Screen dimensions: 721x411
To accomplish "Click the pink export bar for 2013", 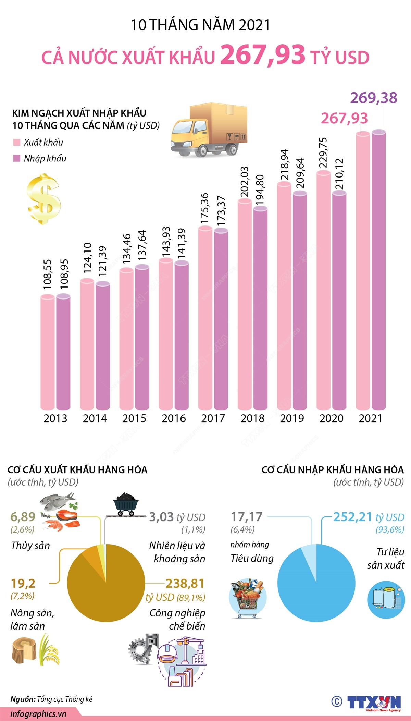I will pos(48,353).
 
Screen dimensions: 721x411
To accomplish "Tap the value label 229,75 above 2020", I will pos(323,153).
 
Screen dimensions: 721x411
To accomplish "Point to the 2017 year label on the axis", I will pos(213,418).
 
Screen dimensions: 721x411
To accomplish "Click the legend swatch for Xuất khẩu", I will pos(16,143).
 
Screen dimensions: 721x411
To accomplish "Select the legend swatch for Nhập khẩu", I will pos(16,158).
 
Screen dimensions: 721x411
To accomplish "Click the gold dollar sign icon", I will pos(44,199).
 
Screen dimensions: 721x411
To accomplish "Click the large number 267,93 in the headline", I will pos(263,55).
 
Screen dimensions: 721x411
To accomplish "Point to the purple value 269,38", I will pos(373,98).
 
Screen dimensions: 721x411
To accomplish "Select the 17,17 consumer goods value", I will pos(247,517).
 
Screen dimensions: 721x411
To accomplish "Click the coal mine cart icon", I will pos(126,504).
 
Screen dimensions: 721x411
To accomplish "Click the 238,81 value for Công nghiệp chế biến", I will pos(185,583).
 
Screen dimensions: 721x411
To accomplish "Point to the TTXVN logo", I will pos(373,702).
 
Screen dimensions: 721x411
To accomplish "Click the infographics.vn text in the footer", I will pos(38,714).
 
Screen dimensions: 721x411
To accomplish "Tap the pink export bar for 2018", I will pos(245,305).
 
